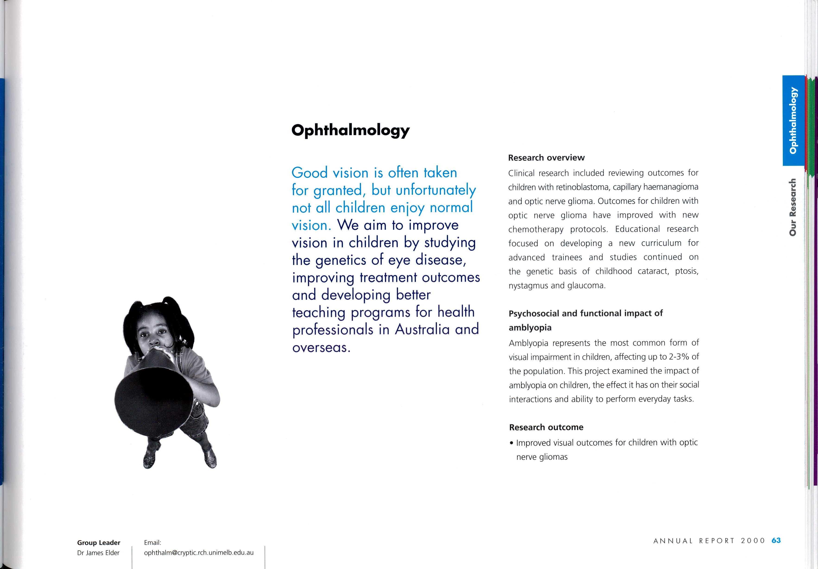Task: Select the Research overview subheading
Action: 546,158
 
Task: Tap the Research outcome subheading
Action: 546,427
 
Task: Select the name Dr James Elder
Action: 98,553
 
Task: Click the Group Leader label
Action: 99,543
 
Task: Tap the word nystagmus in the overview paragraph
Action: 528,286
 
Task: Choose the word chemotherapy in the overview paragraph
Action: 536,229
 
